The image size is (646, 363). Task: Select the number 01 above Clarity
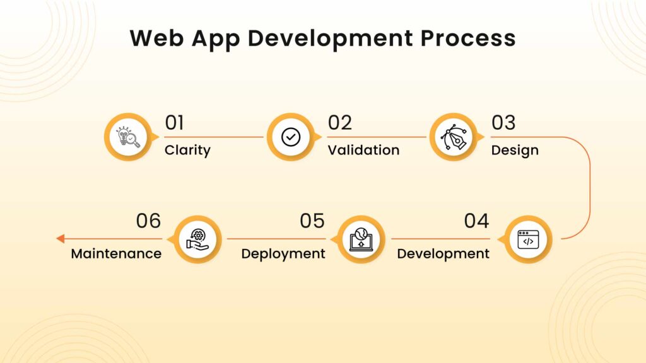point(174,123)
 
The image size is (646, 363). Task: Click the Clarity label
point(187,151)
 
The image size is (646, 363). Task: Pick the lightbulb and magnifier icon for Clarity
point(128,137)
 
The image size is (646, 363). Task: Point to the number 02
point(339,123)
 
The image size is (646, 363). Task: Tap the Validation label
point(363,150)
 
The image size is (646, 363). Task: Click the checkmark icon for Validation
point(290,137)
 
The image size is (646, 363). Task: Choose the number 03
point(503,123)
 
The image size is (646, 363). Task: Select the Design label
point(515,151)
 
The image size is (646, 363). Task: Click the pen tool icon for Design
point(453,137)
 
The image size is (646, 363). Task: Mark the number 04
point(476,221)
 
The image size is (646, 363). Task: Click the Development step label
point(443,253)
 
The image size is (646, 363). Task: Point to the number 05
point(312,221)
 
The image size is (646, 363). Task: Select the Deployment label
point(283,253)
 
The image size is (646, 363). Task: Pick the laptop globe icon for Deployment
point(361,239)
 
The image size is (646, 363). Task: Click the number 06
point(148,221)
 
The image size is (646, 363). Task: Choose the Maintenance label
point(116,253)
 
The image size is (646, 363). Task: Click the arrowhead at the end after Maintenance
point(60,239)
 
